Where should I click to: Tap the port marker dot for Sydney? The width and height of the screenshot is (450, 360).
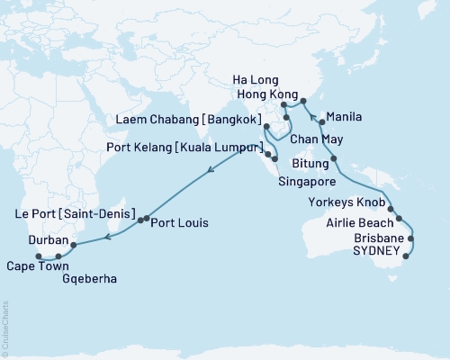[406, 256]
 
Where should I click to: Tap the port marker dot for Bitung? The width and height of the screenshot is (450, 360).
[335, 159]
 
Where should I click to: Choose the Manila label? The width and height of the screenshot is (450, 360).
[346, 117]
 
